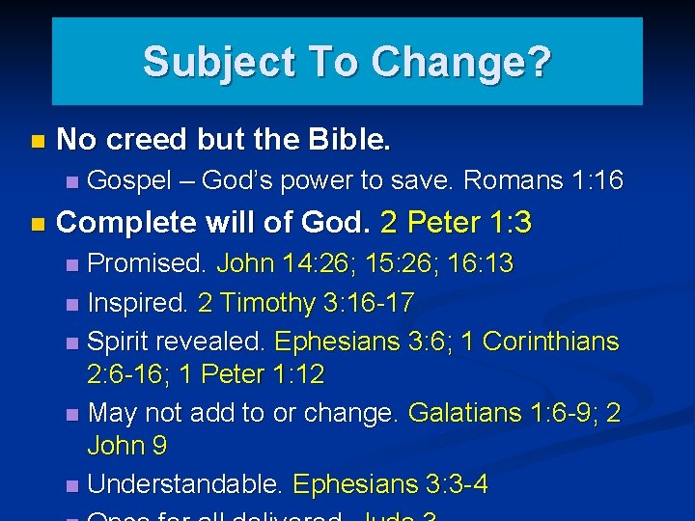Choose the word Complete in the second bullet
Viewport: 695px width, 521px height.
click(126, 223)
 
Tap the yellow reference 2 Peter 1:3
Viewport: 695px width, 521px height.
click(456, 223)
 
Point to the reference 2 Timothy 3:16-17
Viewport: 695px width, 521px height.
click(306, 304)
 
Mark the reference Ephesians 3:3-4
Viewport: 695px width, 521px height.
click(390, 484)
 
